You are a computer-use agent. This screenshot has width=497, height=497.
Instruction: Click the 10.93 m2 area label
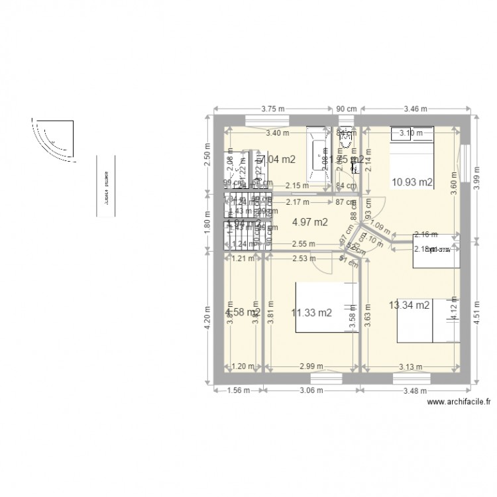412,182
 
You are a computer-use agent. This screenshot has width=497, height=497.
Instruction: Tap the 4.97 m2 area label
311,222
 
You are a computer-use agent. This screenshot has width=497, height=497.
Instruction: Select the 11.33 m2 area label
311,313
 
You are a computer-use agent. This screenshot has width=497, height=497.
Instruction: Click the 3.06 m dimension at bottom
310,390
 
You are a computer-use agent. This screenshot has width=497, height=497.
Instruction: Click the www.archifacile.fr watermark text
459,402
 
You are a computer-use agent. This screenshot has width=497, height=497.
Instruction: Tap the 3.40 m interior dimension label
277,133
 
